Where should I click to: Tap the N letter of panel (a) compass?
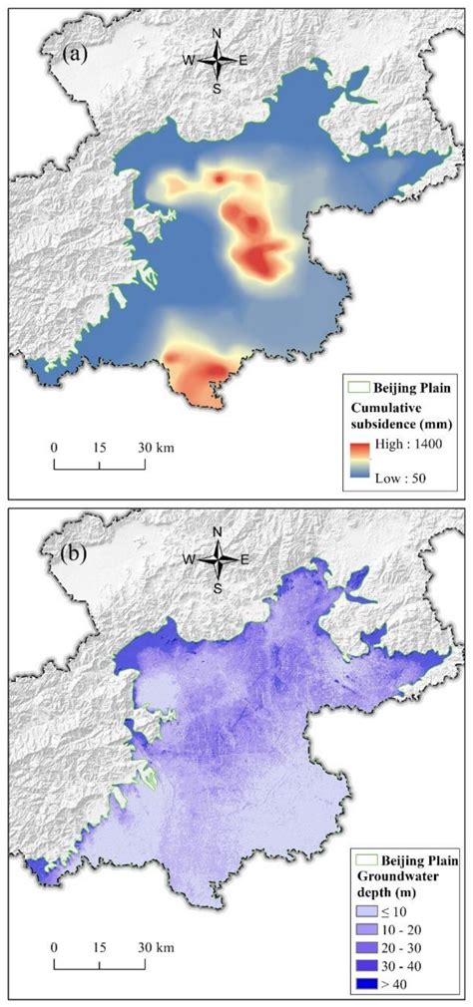tap(217, 34)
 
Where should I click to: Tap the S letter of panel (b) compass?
tap(217, 588)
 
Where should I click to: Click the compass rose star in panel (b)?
tap(217, 560)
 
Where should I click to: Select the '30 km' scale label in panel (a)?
tap(158, 448)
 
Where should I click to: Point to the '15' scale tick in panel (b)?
tap(100, 946)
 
